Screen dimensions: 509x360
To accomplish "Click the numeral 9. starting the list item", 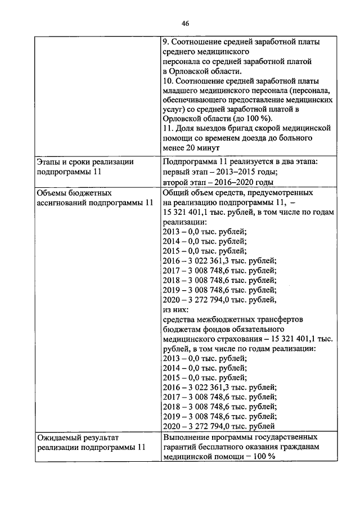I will [165, 42].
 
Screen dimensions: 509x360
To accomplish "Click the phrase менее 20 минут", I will [189, 148].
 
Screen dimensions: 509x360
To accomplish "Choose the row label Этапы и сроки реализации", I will [85, 162].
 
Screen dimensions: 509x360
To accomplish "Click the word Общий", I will [175, 193].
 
